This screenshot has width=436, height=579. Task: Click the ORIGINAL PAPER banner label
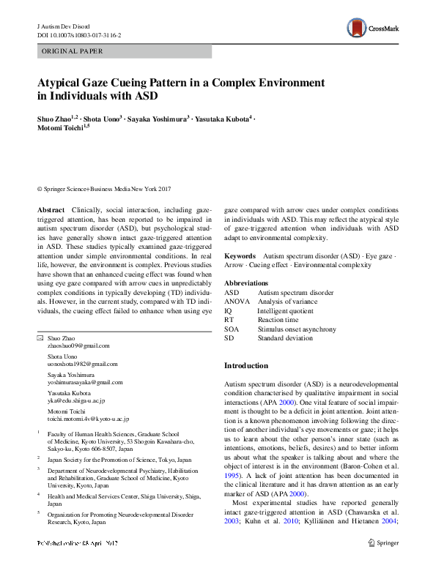[72, 51]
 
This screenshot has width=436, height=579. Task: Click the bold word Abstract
[51, 210]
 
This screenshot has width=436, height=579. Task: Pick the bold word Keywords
[240, 256]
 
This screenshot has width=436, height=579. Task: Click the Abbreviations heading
[247, 283]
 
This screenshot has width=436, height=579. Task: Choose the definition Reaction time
[278, 321]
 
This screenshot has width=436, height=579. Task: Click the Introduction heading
[246, 365]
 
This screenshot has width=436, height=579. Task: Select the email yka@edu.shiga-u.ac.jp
[76, 401]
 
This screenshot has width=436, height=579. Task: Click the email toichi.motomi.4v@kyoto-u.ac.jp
[88, 419]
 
